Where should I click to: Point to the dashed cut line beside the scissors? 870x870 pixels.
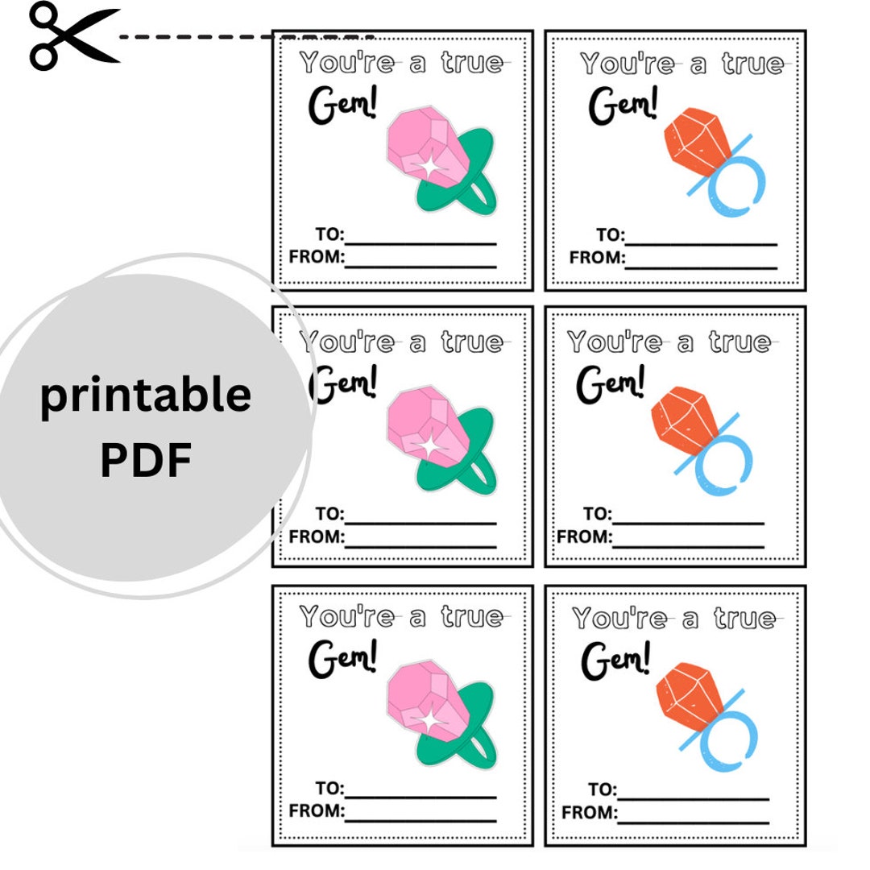(x=247, y=37)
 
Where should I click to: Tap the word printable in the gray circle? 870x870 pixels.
(x=145, y=395)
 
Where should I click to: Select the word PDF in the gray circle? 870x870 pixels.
(x=146, y=459)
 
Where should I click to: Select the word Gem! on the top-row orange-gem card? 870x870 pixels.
(x=623, y=105)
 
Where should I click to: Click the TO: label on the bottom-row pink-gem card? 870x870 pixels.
(x=329, y=788)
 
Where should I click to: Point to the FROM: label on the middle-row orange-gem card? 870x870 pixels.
(x=584, y=536)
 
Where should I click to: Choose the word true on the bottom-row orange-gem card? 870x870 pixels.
(x=744, y=619)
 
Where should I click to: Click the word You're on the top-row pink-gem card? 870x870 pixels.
(x=347, y=62)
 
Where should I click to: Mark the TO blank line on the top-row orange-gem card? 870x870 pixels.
(x=702, y=244)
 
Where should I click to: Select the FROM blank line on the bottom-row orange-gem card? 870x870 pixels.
(x=694, y=822)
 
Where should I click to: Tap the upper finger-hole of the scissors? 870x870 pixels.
(x=43, y=15)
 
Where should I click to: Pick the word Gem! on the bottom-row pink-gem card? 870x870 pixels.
(x=343, y=659)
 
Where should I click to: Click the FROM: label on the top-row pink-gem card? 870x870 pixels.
(x=317, y=257)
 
